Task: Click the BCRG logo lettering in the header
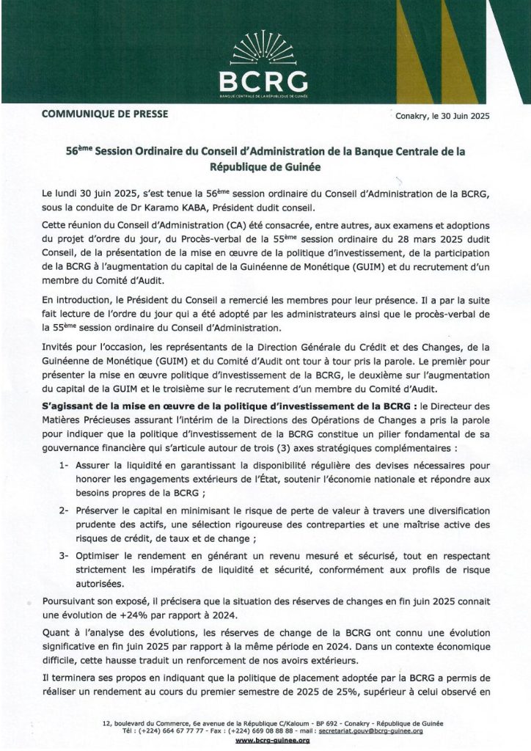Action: (265, 80)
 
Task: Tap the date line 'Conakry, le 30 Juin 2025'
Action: (442, 116)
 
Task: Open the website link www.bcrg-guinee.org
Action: (265, 741)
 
